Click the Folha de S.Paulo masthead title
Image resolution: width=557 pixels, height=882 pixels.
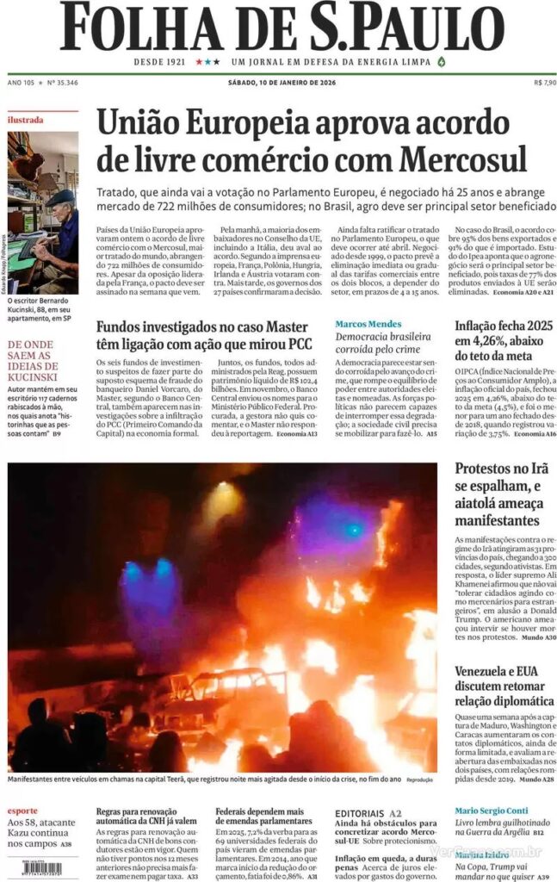click(278, 28)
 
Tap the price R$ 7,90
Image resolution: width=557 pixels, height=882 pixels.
click(544, 83)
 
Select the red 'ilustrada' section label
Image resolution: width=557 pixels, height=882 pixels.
click(26, 120)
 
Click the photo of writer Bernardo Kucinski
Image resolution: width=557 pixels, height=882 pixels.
click(43, 211)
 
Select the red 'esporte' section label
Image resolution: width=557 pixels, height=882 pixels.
click(22, 811)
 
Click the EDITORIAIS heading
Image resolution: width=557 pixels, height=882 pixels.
click(360, 812)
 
